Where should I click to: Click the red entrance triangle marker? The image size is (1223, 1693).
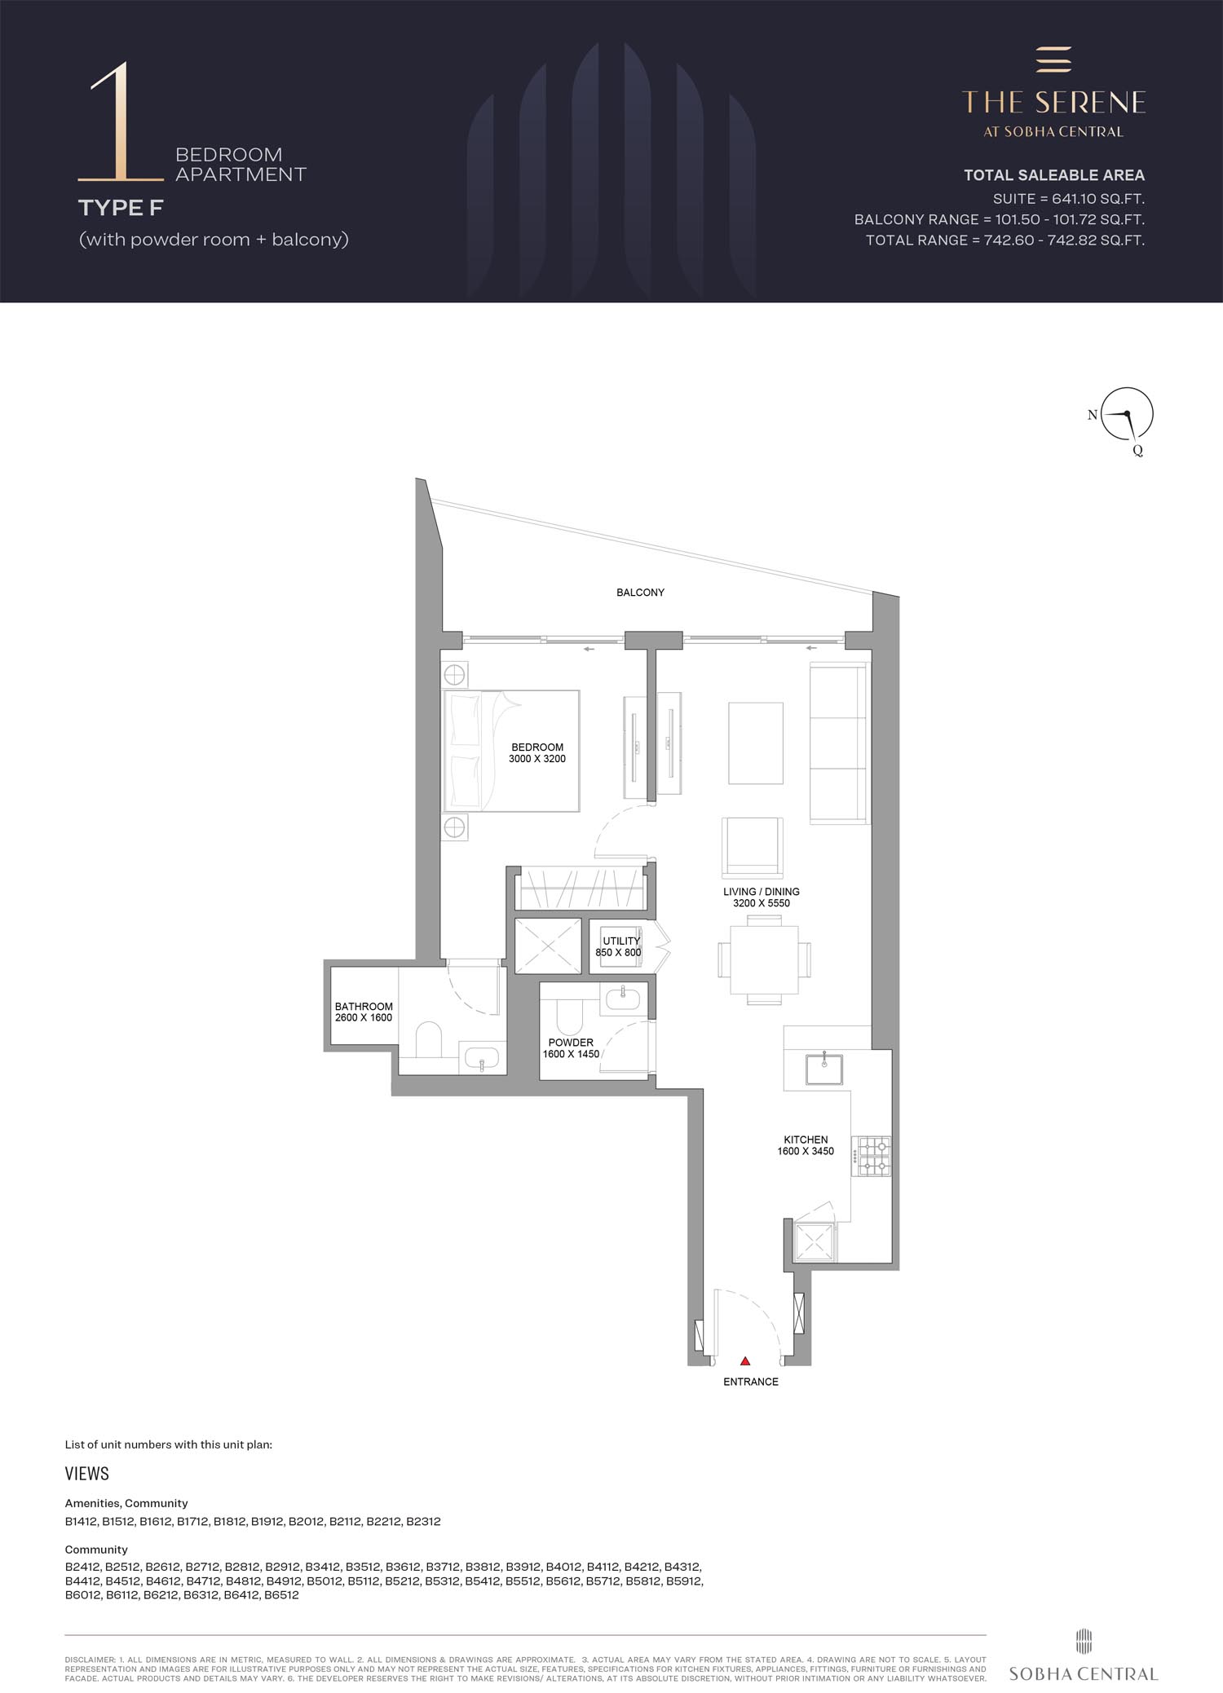tap(745, 1360)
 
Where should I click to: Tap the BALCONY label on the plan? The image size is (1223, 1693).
tap(640, 593)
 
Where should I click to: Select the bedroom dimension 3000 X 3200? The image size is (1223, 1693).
tap(537, 759)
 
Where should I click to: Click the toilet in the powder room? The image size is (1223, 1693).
tap(568, 1015)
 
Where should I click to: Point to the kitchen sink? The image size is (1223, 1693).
tap(825, 1069)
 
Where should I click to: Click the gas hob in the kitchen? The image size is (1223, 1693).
tap(871, 1156)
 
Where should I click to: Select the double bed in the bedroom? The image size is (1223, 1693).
tap(511, 751)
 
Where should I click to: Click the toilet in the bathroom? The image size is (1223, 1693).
tap(429, 1039)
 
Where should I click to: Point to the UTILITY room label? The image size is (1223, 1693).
tap(621, 941)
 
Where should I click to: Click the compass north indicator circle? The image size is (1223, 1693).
tap(1128, 414)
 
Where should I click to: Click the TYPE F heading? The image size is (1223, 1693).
tap(121, 208)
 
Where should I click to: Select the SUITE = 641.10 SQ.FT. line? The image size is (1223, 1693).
tap(1068, 198)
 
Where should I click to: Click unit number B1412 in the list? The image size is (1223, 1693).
tap(82, 1521)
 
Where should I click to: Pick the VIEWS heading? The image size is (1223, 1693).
tap(87, 1474)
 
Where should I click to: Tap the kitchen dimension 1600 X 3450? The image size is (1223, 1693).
tap(806, 1151)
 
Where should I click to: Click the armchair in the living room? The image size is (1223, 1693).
tap(753, 847)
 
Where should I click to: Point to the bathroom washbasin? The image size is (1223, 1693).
tap(483, 1058)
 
